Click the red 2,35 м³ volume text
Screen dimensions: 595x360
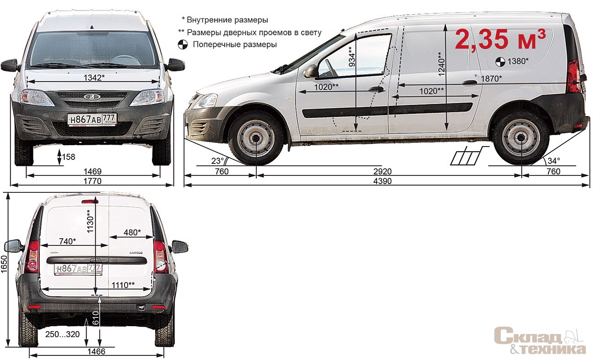(500, 39)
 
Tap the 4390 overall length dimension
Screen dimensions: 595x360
(382, 181)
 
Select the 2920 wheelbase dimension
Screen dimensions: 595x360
(382, 171)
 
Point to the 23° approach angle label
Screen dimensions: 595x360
(217, 161)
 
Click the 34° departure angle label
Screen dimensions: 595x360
(553, 161)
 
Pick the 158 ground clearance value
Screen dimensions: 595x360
(69, 157)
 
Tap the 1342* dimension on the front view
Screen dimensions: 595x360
(94, 78)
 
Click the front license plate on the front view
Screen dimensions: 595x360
(92, 120)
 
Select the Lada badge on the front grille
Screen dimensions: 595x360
(92, 97)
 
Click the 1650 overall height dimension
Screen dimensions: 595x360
(4, 264)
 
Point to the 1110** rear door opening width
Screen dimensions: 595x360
(123, 285)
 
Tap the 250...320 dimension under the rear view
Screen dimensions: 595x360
(62, 334)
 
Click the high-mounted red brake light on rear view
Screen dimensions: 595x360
(90, 202)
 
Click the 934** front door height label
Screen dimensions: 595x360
(352, 57)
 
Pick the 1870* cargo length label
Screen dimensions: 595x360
(492, 79)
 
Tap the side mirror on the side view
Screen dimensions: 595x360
(311, 71)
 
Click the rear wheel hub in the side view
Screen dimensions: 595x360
(521, 138)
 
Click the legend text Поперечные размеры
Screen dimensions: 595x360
(235, 44)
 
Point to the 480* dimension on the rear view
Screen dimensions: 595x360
(132, 232)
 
